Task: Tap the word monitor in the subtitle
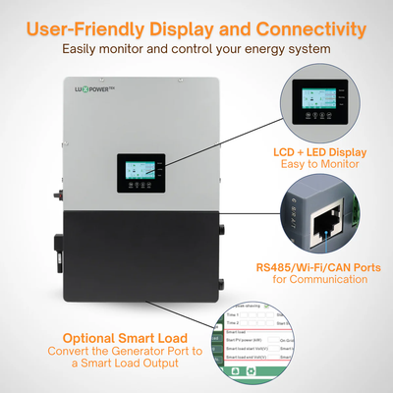[154, 47]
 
